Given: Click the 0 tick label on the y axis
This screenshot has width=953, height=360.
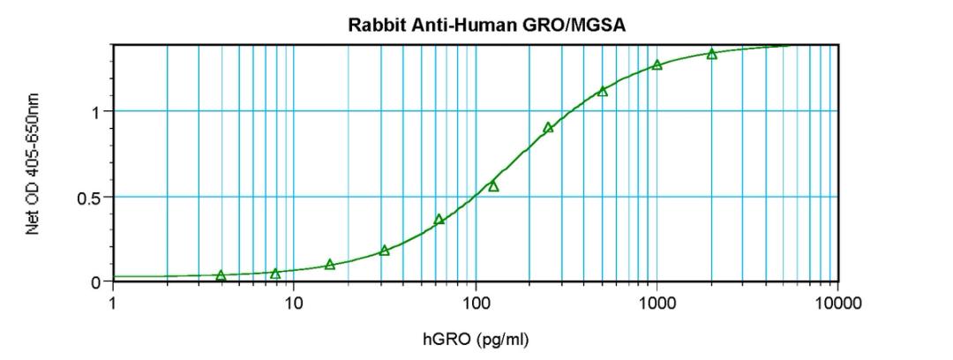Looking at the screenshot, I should point(96,282).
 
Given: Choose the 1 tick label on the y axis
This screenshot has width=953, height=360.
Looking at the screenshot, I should point(96,112).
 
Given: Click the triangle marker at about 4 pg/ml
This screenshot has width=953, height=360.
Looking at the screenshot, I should point(221,276).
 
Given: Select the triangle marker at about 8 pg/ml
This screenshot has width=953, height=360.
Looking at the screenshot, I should point(275,274).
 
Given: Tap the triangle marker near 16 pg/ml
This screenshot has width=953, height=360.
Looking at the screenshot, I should point(330,265).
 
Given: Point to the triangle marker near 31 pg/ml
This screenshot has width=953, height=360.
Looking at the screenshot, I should point(385,251).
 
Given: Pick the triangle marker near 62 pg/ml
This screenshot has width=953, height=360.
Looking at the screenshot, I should point(439,220).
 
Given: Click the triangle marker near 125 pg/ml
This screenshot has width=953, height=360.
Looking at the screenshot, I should point(493,186).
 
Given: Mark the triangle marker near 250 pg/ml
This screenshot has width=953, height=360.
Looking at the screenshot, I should point(548,128).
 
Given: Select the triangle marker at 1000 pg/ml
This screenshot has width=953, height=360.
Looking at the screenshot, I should point(657,65).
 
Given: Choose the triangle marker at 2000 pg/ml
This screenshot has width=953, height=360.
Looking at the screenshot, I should point(711,55).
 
